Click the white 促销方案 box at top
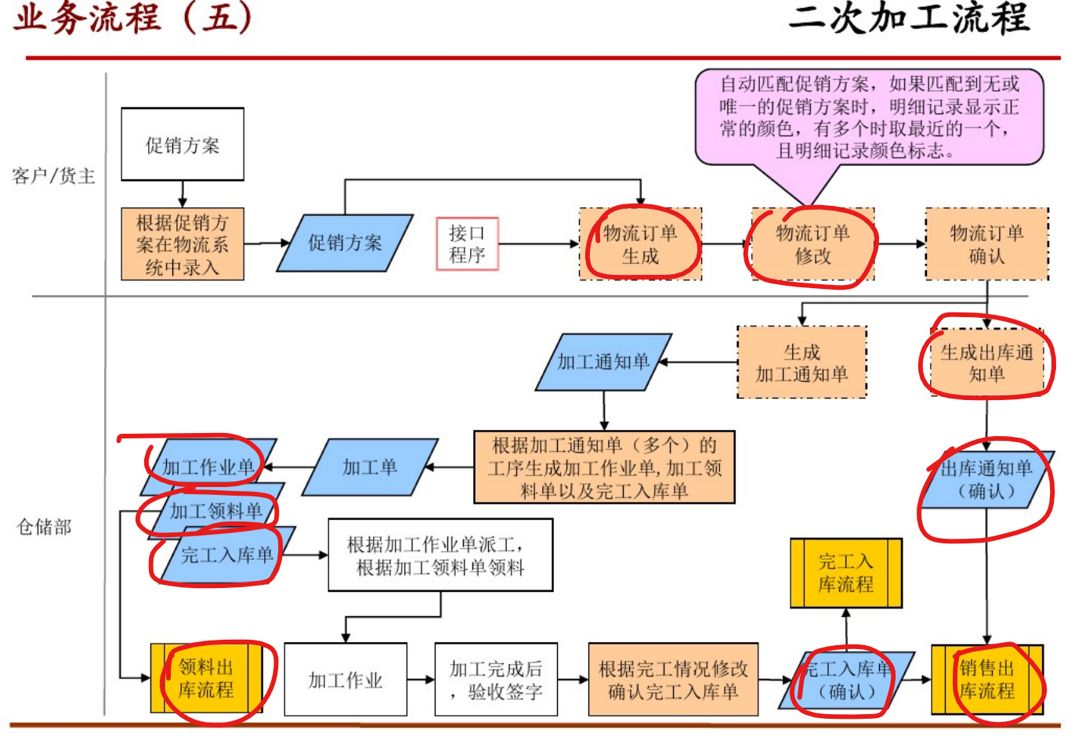tap(182, 145)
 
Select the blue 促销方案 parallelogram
tap(345, 244)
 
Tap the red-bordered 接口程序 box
tap(467, 244)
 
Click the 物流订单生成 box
tap(640, 244)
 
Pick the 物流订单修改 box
tap(812, 244)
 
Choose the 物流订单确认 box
tap(986, 244)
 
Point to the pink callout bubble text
tap(869, 117)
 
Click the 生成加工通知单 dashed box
tap(802, 363)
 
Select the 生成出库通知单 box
tap(986, 363)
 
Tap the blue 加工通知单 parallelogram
tap(603, 362)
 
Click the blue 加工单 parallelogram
tap(370, 467)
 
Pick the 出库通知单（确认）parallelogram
tap(986, 480)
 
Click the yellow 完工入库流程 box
tap(845, 573)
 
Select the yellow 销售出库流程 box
tap(986, 680)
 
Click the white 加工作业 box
tap(346, 680)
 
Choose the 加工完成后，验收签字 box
tap(496, 680)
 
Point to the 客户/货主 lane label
tap(53, 176)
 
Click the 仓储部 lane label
tap(44, 527)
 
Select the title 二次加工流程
tap(909, 19)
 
